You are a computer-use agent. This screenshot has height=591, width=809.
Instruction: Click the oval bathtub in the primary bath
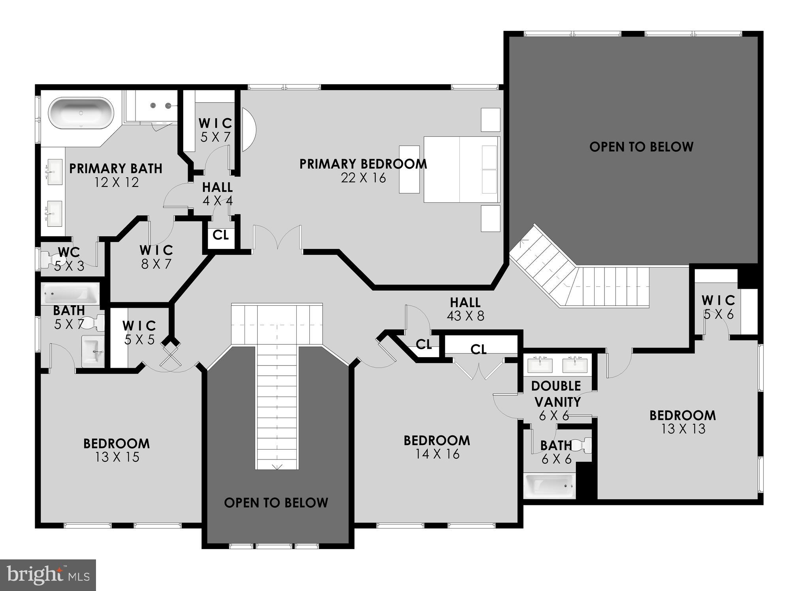pyautogui.click(x=81, y=113)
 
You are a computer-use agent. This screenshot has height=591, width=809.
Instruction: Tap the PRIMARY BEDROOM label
pyautogui.click(x=363, y=164)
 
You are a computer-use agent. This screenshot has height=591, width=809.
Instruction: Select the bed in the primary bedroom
pyautogui.click(x=461, y=169)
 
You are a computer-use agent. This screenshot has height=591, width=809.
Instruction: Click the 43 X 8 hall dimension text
pyautogui.click(x=465, y=316)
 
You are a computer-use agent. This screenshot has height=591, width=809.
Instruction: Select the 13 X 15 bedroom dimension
pyautogui.click(x=117, y=457)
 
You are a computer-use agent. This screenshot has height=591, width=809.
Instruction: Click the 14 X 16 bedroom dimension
pyautogui.click(x=437, y=454)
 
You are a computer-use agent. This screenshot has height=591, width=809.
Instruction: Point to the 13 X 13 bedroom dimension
pyautogui.click(x=683, y=429)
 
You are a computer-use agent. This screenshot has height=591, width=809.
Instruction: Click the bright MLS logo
pyautogui.click(x=48, y=575)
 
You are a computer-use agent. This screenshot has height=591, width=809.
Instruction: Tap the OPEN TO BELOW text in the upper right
pyautogui.click(x=641, y=147)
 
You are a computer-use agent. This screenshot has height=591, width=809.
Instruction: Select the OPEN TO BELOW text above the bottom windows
pyautogui.click(x=276, y=503)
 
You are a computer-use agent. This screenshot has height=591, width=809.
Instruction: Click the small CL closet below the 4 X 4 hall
pyautogui.click(x=220, y=235)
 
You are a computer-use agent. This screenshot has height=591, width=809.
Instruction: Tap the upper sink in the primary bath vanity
pyautogui.click(x=55, y=172)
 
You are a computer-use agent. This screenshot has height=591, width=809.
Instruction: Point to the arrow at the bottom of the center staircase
pyautogui.click(x=277, y=467)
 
